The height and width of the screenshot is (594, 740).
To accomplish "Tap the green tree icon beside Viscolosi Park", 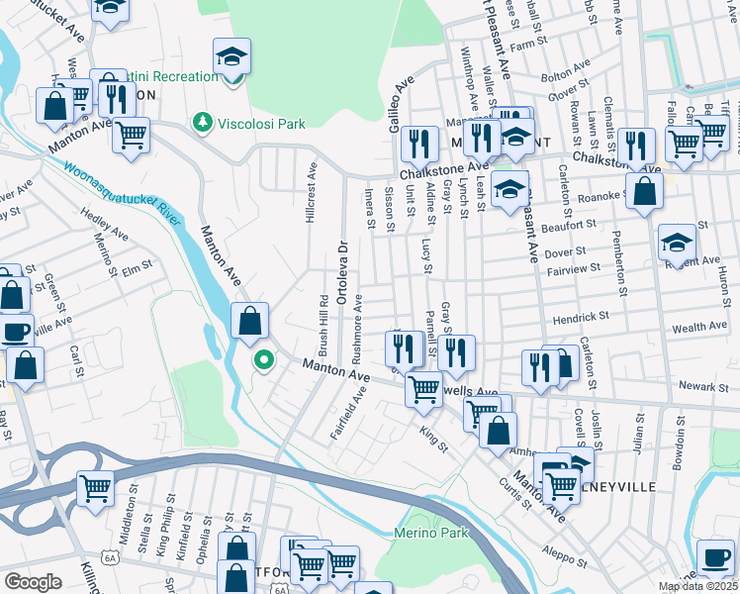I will point(203,122).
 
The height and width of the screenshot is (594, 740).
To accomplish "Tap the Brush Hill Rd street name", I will point(324,325).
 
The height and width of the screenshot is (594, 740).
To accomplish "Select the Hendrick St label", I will point(581,318).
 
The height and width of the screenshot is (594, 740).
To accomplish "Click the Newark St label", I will point(698,384).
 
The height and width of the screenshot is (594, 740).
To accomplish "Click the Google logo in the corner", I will point(33,582).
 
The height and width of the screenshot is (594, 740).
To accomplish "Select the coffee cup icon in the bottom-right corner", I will point(715,557).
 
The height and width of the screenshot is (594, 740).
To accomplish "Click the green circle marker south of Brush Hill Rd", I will point(262,359).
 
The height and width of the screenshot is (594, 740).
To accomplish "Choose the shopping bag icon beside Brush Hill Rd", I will point(250,321).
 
